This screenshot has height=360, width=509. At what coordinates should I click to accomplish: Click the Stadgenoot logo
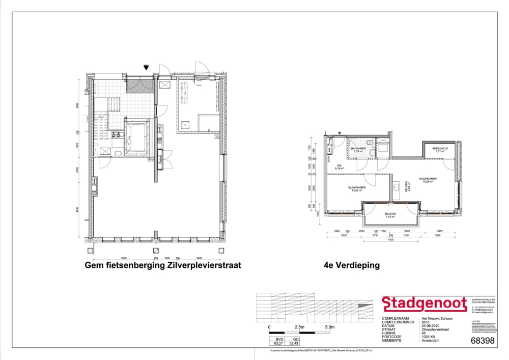(425, 304)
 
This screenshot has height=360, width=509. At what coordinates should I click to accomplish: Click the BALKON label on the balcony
(390, 213)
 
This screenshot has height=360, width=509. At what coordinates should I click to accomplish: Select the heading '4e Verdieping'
(351, 265)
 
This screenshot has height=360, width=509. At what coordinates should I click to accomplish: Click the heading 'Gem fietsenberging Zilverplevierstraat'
(162, 265)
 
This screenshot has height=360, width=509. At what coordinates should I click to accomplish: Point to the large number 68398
(483, 341)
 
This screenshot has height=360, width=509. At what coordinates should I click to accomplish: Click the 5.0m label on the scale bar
(329, 327)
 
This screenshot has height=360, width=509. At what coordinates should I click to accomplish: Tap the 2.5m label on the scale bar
(299, 327)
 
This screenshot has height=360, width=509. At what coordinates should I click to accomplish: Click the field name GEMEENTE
(391, 340)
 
